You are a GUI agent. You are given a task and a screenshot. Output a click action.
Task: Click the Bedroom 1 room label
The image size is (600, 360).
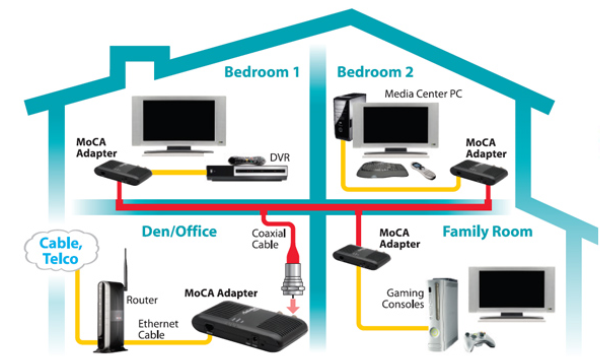tap(262, 72)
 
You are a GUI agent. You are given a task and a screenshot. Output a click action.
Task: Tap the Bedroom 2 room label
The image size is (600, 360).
tap(375, 72)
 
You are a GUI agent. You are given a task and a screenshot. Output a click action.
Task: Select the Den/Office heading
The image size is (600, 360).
tap(179, 231)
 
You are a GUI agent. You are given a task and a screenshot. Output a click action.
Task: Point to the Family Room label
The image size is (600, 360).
tap(488, 231)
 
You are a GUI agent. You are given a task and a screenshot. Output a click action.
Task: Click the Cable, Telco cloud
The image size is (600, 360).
tap(61, 251)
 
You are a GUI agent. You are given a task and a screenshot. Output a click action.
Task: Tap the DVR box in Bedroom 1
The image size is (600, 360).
tap(247, 173)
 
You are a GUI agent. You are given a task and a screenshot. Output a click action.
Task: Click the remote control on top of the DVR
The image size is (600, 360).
tap(247, 160)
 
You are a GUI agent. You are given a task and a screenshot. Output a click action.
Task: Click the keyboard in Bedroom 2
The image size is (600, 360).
tap(382, 169)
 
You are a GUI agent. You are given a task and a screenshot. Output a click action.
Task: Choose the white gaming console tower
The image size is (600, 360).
tap(443, 314)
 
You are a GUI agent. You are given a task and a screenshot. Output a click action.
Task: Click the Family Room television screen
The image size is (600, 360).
tap(512, 289)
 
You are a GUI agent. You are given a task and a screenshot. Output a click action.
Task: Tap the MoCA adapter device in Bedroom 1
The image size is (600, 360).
tap(123, 173)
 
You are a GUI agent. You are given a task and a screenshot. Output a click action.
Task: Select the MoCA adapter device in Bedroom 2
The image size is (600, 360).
tap(479, 173)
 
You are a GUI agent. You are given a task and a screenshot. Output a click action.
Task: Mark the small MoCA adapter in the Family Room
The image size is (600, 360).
tap(362, 257)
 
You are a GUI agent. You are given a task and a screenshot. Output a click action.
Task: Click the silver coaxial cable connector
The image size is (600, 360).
tap(293, 279)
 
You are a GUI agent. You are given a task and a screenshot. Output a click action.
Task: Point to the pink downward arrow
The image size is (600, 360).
tap(293, 306)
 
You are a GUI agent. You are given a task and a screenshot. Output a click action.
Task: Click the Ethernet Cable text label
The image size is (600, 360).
tap(158, 329)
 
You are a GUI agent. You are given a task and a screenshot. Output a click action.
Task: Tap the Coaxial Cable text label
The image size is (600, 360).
tap(269, 239)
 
